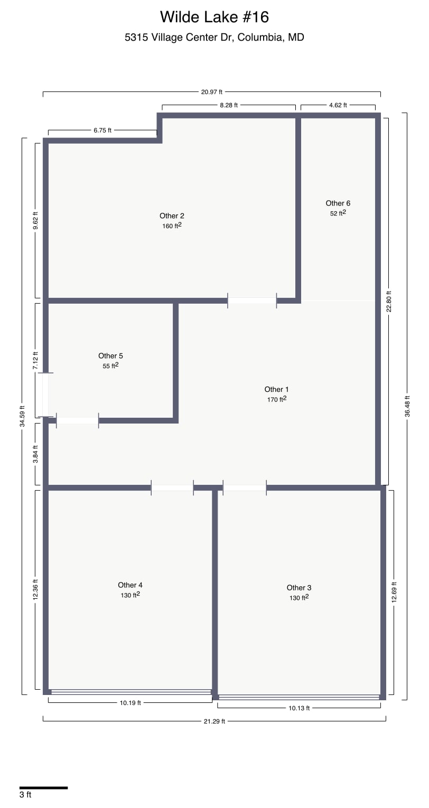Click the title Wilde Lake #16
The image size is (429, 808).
214,17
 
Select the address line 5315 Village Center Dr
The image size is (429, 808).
214,37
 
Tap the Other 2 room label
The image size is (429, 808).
172,215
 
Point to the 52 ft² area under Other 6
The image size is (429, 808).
338,213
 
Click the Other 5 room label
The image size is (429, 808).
110,355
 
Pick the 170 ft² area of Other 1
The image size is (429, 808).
276,399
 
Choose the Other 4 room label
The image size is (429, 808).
130,585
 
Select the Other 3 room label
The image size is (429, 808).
299,587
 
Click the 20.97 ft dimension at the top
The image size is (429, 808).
211,92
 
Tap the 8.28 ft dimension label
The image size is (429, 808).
229,105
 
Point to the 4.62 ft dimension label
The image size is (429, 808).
338,105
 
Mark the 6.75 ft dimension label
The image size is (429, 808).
102,130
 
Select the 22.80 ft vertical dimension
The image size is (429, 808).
389,302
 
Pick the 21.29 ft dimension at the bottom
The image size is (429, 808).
214,721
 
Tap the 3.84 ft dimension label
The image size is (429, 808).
35,454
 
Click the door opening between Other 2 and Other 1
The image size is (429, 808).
252,300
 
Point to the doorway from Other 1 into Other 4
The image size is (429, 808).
172,488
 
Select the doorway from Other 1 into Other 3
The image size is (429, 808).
245,488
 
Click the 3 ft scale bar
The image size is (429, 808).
43,788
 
